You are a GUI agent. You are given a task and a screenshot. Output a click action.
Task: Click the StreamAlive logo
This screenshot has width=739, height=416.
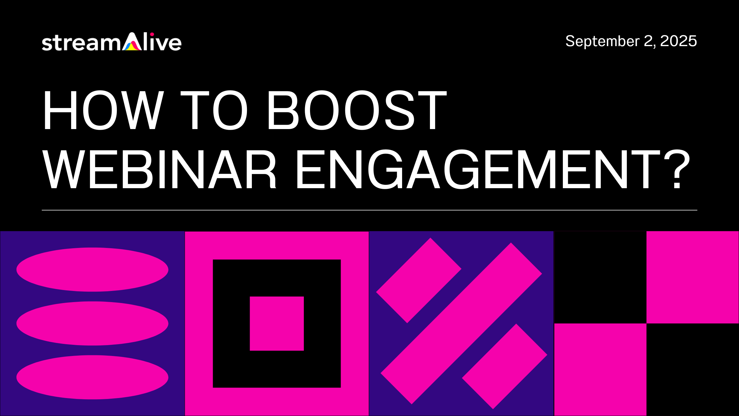pos(111,42)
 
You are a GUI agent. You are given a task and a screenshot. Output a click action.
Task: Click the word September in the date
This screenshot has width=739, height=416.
pos(602,41)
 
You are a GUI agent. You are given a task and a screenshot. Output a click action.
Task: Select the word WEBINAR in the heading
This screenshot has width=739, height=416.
pos(159,169)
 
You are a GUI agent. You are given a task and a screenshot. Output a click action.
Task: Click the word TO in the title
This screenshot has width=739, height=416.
pos(214,110)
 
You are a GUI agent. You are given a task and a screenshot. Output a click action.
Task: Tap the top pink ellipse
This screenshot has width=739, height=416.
pos(92,269)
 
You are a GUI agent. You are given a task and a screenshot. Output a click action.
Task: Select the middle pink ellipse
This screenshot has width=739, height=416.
pos(92,323)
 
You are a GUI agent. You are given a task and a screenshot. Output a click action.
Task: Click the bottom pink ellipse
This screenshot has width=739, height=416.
pos(92,377)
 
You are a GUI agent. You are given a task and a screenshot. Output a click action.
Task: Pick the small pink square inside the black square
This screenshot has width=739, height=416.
pos(277,323)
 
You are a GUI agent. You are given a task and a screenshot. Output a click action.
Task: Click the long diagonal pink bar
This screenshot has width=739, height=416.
pos(461,323)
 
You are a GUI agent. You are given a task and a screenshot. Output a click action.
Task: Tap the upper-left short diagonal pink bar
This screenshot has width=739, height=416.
pos(418,280)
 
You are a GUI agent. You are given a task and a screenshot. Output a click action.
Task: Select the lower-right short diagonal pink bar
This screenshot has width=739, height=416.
pos(504,366)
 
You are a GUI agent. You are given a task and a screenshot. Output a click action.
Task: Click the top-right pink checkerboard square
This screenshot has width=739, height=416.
pos(692,277)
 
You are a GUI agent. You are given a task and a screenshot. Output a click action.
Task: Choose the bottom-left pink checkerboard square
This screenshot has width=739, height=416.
pos(600,370)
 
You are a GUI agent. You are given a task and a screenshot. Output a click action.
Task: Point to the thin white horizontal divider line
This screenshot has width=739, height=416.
pos(369,210)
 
